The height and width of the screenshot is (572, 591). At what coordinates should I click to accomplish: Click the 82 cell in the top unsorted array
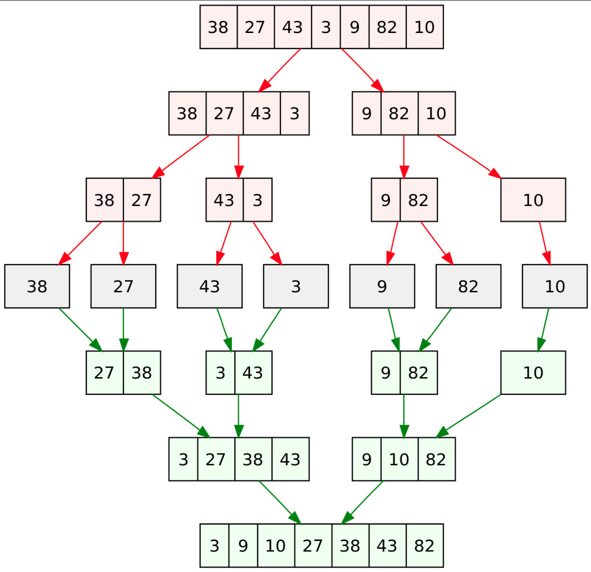click(388, 27)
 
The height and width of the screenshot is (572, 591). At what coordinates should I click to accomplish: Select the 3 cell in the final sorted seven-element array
click(215, 545)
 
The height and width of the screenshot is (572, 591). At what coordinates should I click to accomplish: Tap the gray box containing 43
click(210, 286)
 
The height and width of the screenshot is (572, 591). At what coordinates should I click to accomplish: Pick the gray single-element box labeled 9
click(382, 286)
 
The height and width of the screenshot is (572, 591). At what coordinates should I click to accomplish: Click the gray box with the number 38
click(37, 286)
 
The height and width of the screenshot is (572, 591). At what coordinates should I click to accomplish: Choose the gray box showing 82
click(468, 286)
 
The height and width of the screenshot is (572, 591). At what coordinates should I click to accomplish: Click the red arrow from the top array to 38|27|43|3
click(280, 70)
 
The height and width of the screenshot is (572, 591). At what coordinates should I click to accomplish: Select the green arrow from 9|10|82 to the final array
click(362, 503)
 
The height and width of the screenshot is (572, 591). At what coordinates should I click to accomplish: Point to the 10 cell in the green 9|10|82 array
click(400, 459)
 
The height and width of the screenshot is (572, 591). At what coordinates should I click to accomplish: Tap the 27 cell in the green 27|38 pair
click(105, 373)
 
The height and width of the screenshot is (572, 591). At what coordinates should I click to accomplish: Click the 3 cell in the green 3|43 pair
click(220, 373)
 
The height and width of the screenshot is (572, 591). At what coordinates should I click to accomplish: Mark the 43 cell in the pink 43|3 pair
click(225, 200)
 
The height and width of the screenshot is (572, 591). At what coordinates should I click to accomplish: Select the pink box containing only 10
click(533, 200)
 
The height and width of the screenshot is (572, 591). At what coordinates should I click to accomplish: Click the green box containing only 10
click(533, 373)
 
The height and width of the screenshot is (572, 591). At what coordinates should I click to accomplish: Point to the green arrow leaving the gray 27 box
click(124, 330)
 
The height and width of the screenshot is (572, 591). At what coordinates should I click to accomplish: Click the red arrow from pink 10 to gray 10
click(545, 243)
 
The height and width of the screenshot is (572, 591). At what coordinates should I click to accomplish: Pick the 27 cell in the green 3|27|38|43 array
click(216, 459)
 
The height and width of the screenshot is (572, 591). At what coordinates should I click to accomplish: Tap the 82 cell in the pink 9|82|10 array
click(400, 113)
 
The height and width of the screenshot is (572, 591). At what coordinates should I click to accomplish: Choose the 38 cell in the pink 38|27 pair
click(105, 200)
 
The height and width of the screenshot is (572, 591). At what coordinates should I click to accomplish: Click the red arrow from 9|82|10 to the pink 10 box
click(468, 157)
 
